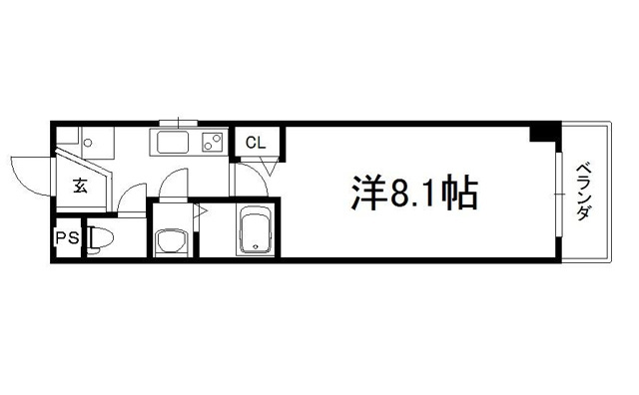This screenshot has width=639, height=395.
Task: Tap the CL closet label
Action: pos(256,142)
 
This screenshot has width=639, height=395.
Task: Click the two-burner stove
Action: pos(211,142)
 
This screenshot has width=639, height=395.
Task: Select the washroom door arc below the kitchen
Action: pos(173,183)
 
